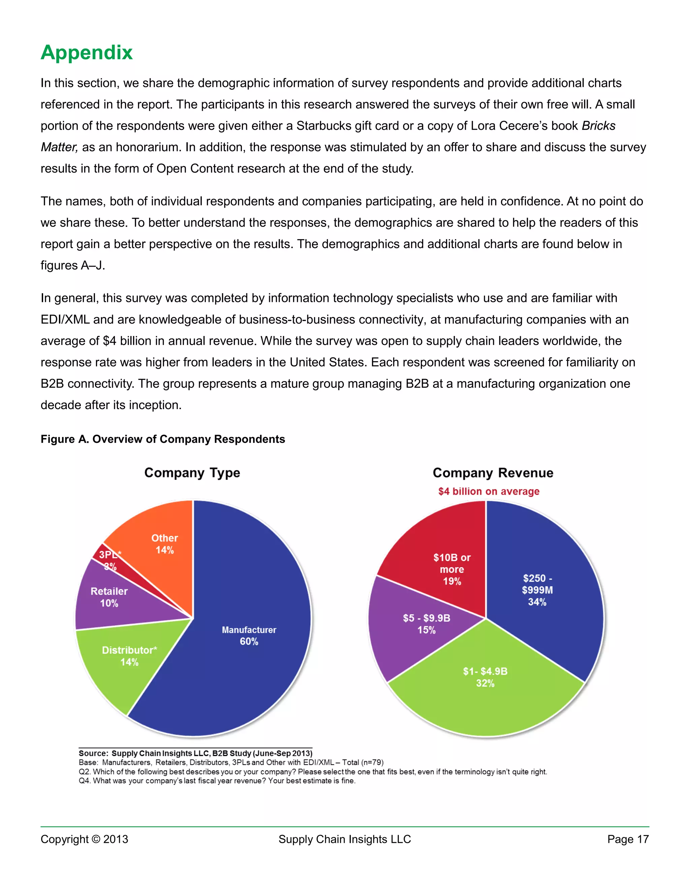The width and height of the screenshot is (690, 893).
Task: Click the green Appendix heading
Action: coord(87,53)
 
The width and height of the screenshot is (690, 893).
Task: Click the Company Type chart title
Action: coord(192,473)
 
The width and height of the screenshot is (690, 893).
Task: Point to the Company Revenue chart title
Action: coord(493,473)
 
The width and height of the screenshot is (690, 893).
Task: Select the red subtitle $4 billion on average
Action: coord(489,491)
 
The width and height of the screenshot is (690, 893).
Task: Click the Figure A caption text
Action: coord(163,439)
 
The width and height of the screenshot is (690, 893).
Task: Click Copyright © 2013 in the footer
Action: coord(84,839)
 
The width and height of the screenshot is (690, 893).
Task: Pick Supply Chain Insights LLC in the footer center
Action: coord(345,839)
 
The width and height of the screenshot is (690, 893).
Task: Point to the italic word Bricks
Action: coord(598,126)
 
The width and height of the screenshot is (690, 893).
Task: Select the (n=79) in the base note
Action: coord(372,762)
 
